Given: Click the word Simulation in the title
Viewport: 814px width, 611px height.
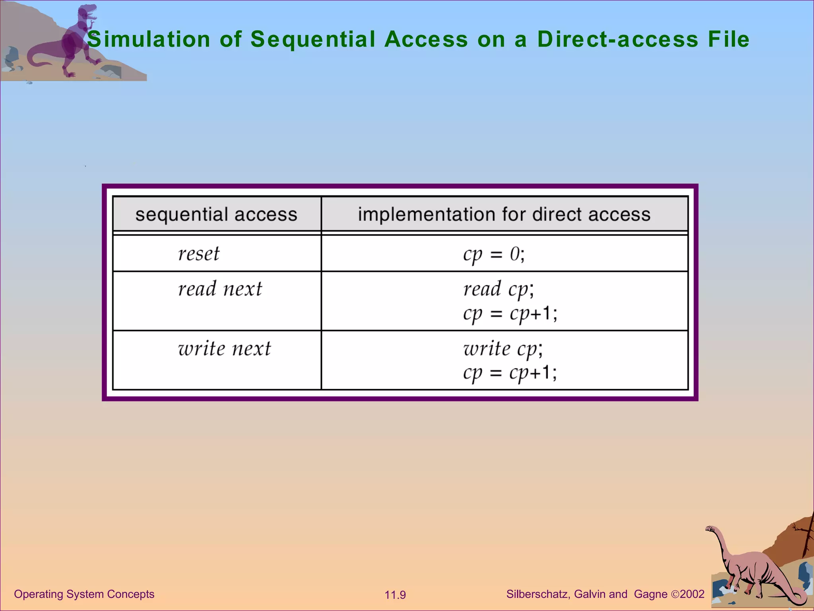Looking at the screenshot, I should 148,39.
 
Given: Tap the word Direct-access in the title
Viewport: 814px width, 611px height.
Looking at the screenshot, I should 618,39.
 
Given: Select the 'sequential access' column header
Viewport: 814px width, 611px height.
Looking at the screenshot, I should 216,214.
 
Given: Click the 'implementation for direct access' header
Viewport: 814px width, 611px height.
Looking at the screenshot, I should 504,214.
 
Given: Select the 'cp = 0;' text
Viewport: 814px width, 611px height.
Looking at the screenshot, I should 494,254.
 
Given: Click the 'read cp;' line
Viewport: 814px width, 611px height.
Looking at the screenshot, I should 498,289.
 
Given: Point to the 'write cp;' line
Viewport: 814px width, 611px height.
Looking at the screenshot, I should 503,349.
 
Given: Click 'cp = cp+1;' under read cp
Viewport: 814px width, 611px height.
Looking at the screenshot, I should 510,314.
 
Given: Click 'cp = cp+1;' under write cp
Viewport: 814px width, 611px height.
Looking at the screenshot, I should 510,373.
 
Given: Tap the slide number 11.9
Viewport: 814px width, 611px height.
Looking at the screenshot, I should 395,595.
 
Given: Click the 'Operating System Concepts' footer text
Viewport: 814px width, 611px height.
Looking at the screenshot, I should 84,594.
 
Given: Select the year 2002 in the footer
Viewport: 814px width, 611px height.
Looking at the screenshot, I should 692,594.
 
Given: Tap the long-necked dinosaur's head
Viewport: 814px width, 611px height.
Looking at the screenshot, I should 710,529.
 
